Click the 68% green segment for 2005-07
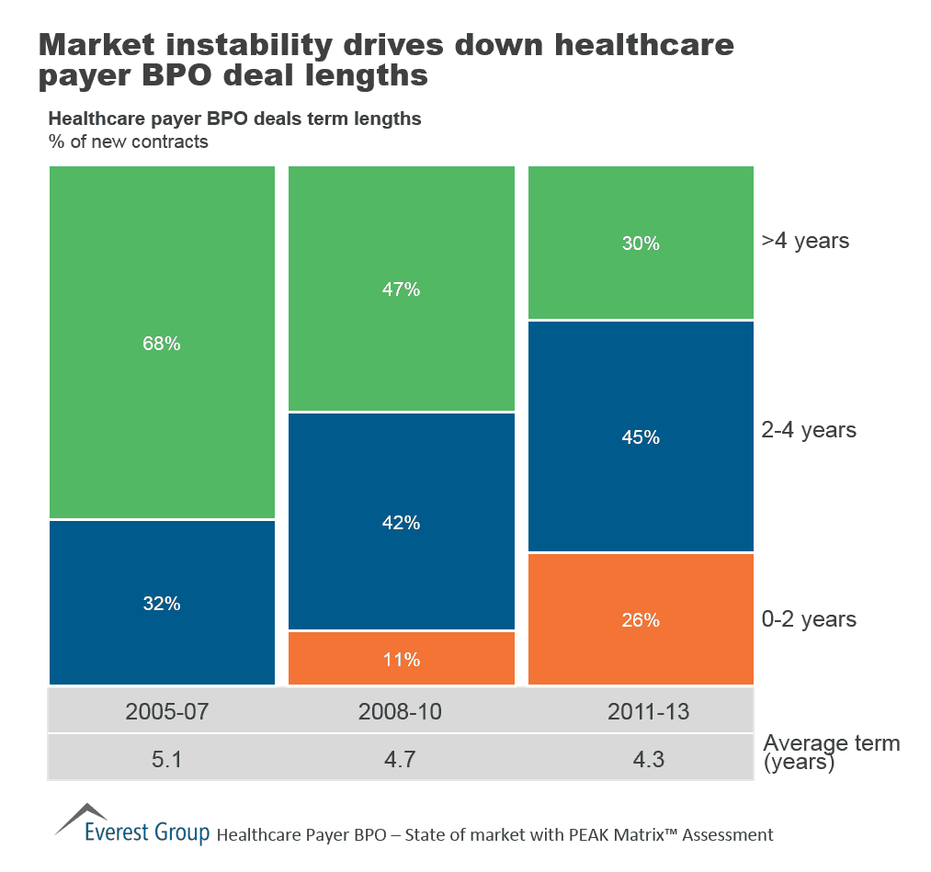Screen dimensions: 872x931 (x=162, y=343)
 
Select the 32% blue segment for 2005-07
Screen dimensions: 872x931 (x=162, y=603)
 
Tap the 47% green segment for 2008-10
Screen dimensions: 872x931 (x=402, y=289)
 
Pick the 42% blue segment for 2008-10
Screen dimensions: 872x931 (x=402, y=522)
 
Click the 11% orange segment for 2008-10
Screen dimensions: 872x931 (x=402, y=658)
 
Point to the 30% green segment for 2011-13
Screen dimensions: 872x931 (x=641, y=243)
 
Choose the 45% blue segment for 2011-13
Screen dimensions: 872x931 (x=641, y=436)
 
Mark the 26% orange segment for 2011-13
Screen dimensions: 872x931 (x=641, y=619)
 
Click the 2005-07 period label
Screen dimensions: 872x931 (x=161, y=710)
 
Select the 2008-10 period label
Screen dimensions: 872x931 (x=402, y=710)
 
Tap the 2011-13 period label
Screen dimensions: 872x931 (x=641, y=710)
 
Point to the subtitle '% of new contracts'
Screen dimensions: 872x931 (x=128, y=142)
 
